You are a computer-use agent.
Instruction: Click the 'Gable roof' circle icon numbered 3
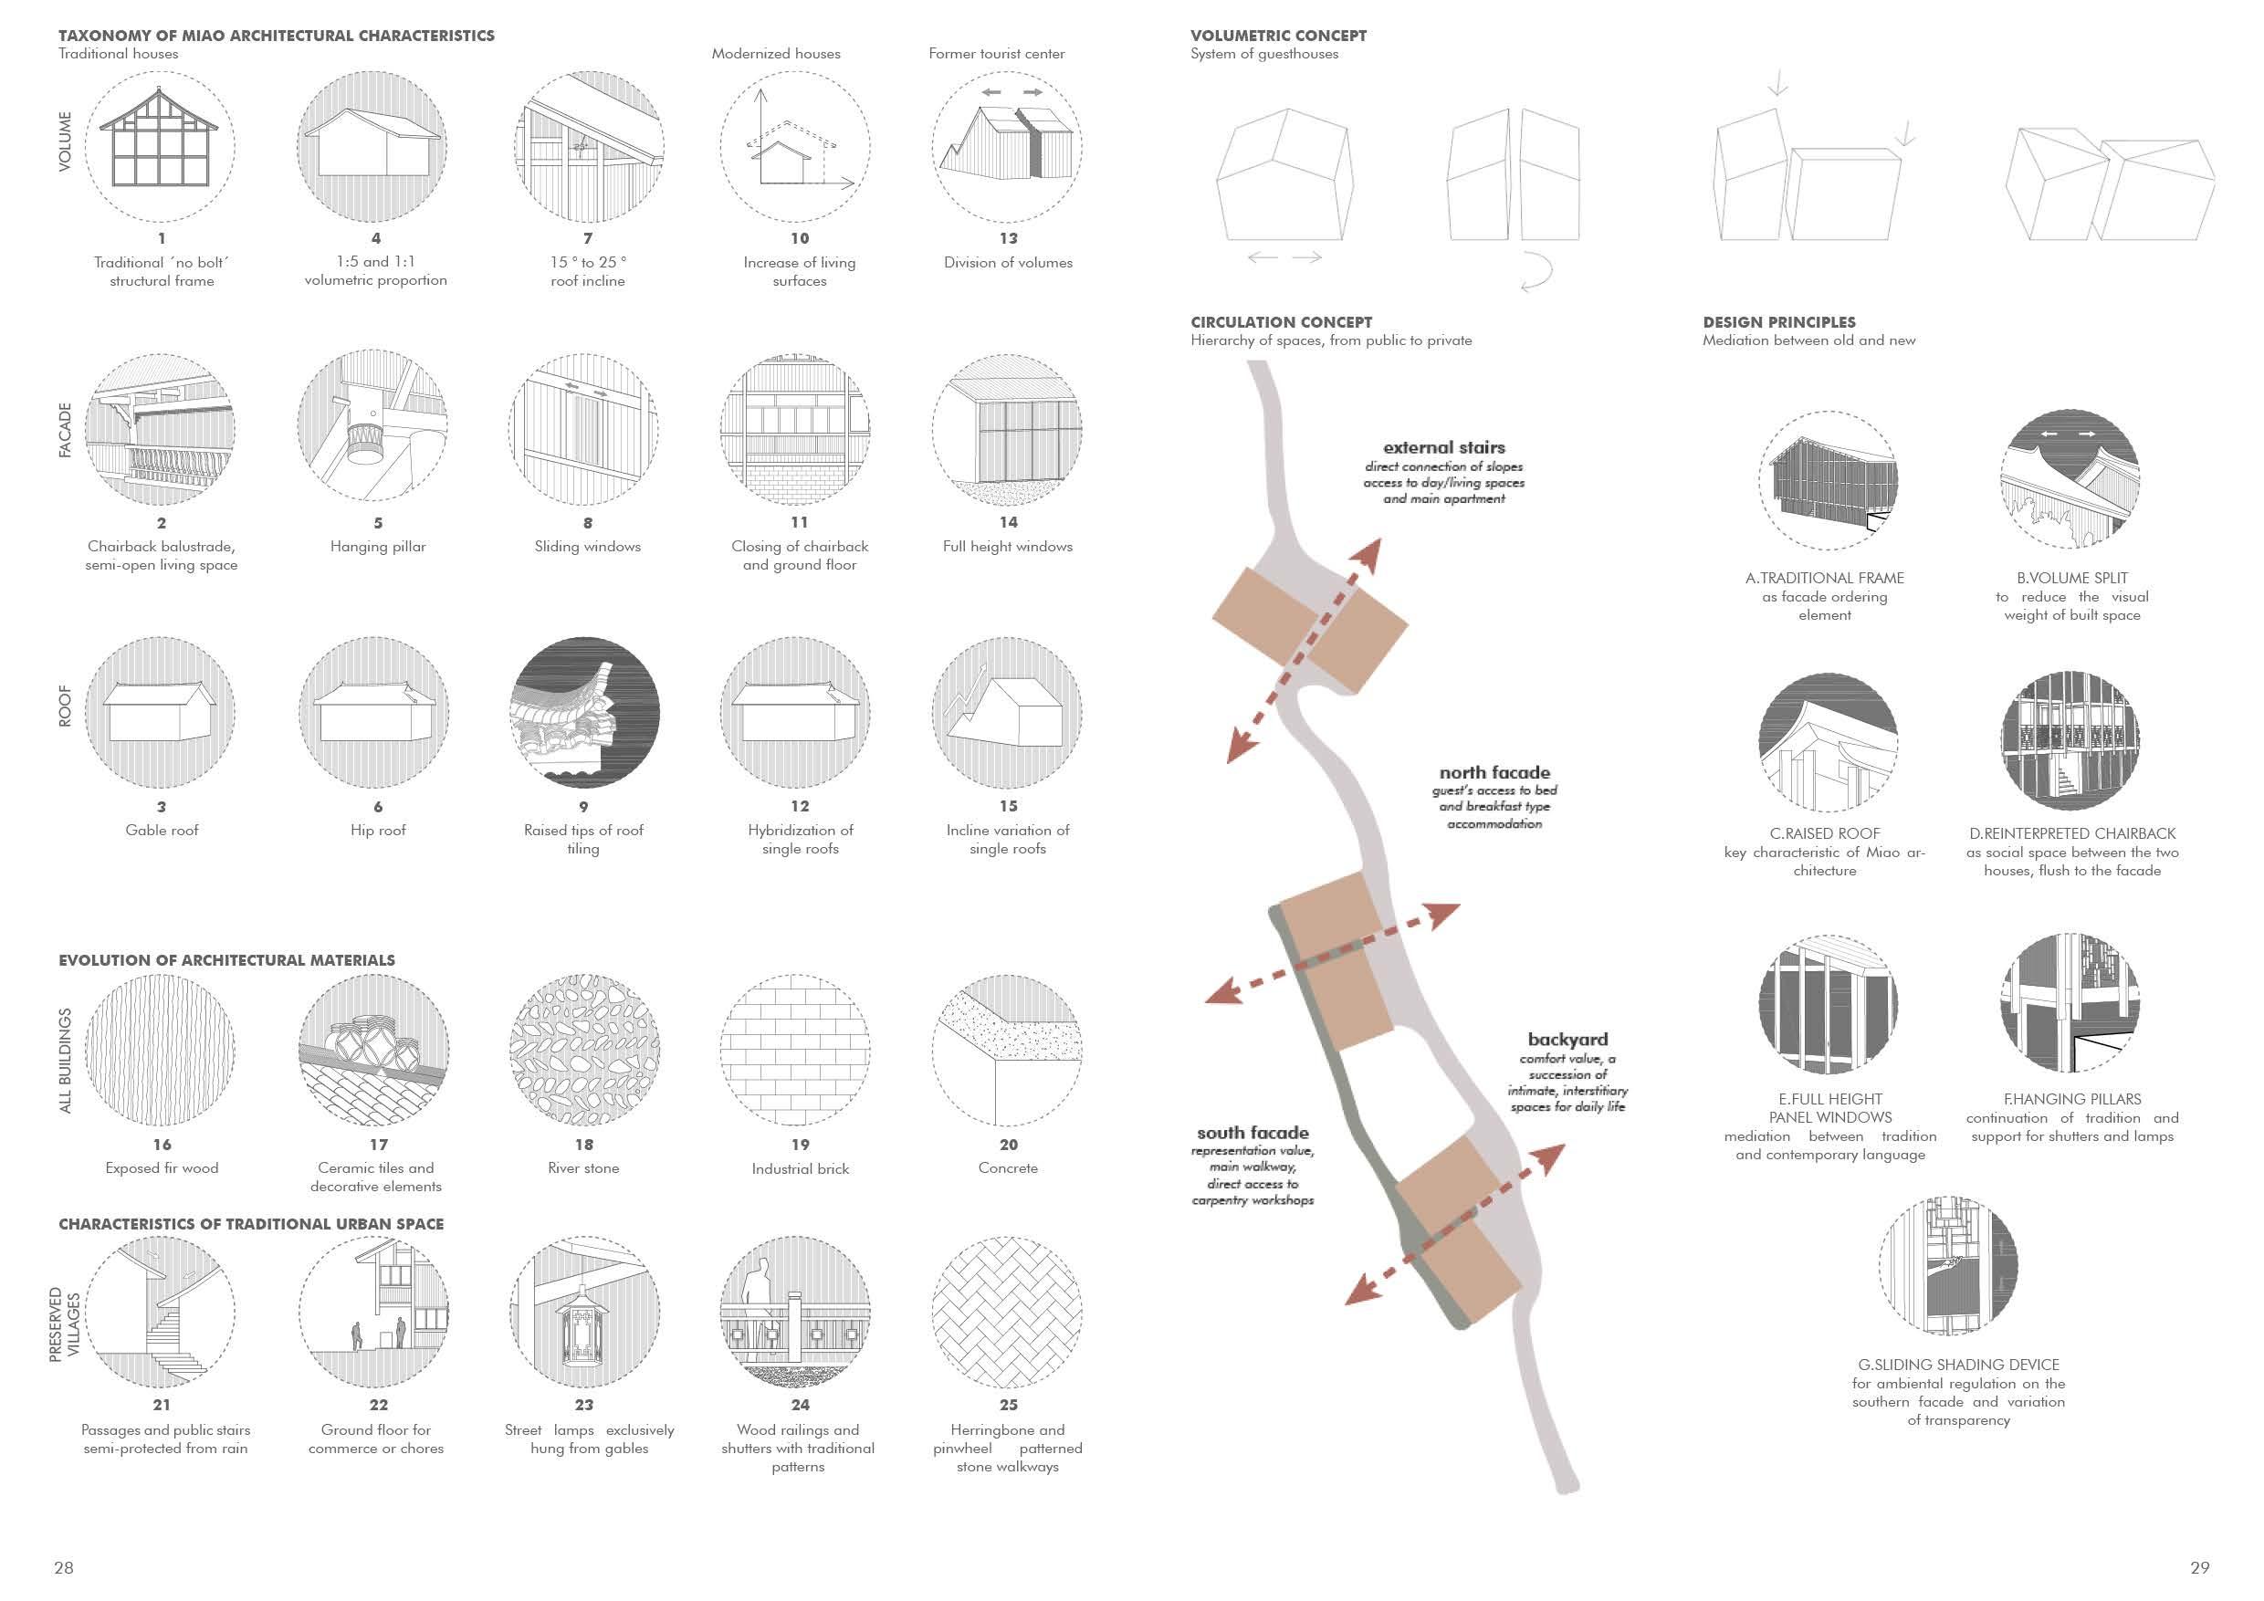(x=161, y=712)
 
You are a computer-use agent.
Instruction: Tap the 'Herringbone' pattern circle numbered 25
(x=1007, y=1313)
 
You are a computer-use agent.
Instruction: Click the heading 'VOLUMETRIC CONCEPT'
(x=1278, y=36)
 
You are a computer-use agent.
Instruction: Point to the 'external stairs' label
(x=1443, y=447)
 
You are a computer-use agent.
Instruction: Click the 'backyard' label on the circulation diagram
(x=1567, y=1039)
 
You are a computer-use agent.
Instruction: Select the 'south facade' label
(x=1253, y=1133)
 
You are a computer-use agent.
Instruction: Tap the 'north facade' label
(x=1494, y=773)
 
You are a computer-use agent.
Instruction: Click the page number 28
(x=64, y=1567)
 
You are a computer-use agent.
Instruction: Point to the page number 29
(x=2200, y=1567)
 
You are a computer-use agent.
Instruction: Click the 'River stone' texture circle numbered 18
(x=583, y=1050)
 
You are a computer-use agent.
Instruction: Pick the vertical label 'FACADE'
(x=65, y=430)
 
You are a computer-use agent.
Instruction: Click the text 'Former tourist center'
(x=996, y=54)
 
